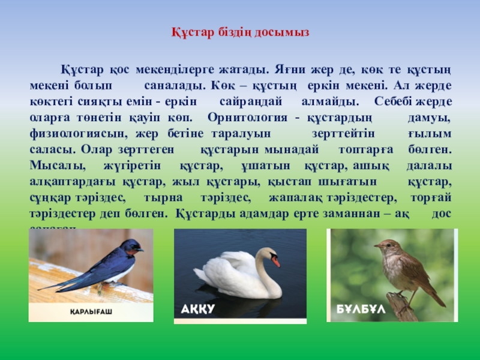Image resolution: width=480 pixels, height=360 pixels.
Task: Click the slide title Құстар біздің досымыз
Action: (x=240, y=31)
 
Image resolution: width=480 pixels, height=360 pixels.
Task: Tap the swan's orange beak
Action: (x=275, y=261)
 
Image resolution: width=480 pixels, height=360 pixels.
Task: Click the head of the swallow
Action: (x=130, y=245)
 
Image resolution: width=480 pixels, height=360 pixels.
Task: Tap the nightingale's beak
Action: (x=377, y=245)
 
